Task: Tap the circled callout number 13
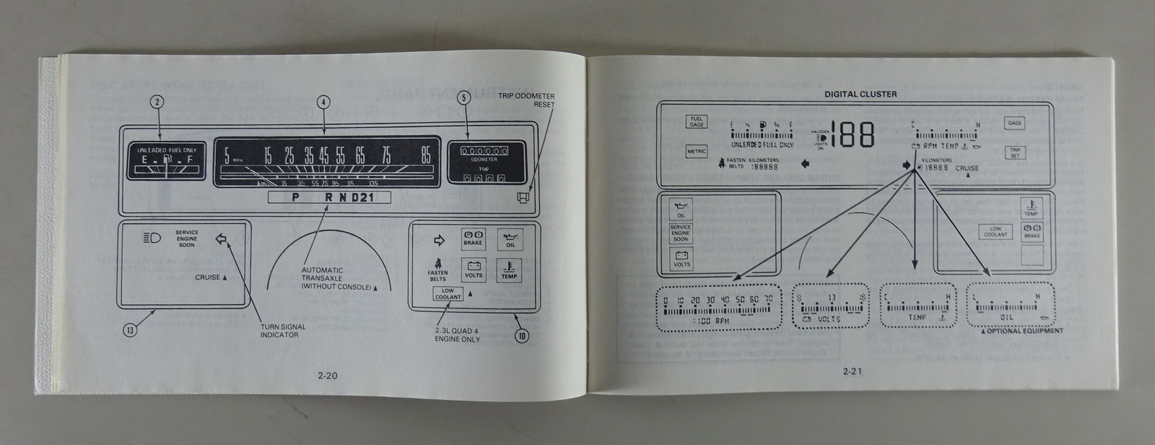pyautogui.click(x=129, y=330)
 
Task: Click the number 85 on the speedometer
pyautogui.click(x=426, y=156)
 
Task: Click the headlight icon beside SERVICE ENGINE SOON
pyautogui.click(x=152, y=238)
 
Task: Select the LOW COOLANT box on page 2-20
pyautogui.click(x=448, y=293)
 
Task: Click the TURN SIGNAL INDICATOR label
pyautogui.click(x=284, y=331)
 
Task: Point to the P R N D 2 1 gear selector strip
pyautogui.click(x=328, y=197)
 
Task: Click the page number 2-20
pyautogui.click(x=327, y=375)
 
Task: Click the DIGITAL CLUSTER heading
pyautogui.click(x=860, y=94)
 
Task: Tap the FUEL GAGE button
pyautogui.click(x=697, y=122)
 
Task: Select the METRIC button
pyautogui.click(x=696, y=152)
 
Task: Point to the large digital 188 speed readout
pyautogui.click(x=852, y=135)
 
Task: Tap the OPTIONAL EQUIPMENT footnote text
pyautogui.click(x=1021, y=331)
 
